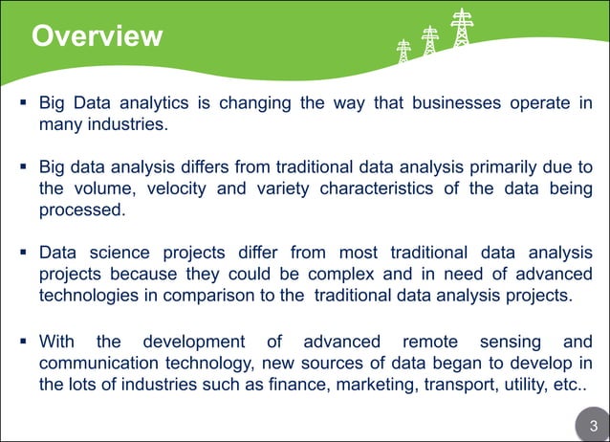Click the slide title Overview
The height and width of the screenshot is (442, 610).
click(x=97, y=36)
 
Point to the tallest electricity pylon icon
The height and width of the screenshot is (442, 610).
click(x=462, y=30)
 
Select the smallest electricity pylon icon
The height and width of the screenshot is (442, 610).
click(x=403, y=51)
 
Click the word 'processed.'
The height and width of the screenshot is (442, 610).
click(x=81, y=210)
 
